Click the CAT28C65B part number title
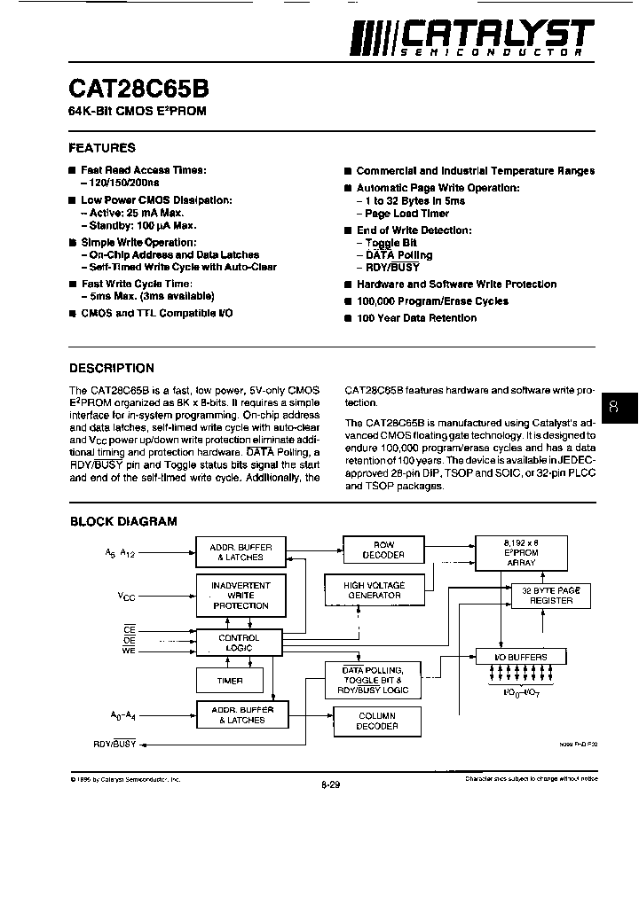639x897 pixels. [x=138, y=90]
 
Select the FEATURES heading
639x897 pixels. [x=102, y=148]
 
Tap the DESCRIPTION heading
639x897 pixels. [x=112, y=368]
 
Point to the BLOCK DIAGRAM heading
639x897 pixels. [x=123, y=522]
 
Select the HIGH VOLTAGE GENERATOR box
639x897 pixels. [x=374, y=590]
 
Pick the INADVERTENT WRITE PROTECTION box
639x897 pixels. [x=241, y=596]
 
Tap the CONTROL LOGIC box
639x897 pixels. [x=239, y=643]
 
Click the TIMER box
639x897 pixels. [x=230, y=682]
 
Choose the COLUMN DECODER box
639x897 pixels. [x=377, y=721]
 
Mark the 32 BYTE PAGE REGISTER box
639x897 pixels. [x=551, y=596]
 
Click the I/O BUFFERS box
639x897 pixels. [x=520, y=657]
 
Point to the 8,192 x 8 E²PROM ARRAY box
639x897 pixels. [x=520, y=552]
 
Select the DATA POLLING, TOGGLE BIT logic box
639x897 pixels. [x=373, y=680]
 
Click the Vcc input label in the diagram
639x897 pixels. [x=127, y=597]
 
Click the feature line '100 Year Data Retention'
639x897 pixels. [x=416, y=317]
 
